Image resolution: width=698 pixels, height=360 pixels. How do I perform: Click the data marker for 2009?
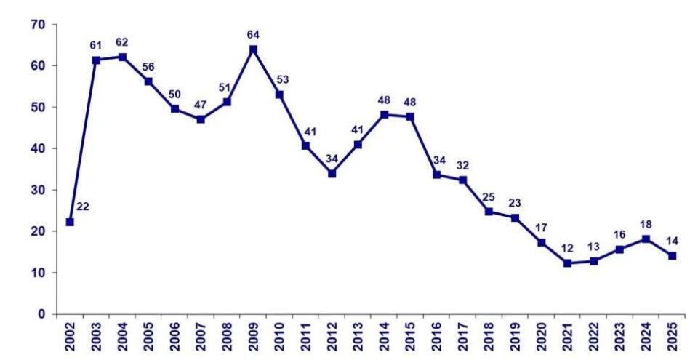point(253,49)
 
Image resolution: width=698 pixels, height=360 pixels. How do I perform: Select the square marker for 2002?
point(70,222)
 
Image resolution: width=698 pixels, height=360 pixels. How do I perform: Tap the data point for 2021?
point(567,263)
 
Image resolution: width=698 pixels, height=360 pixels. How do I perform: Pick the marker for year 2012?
point(332,173)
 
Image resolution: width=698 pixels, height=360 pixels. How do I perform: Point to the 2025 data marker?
point(672,255)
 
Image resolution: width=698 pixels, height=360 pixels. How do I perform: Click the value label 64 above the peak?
point(253,34)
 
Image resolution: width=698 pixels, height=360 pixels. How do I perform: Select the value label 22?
point(82,207)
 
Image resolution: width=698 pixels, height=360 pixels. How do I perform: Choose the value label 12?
point(568,248)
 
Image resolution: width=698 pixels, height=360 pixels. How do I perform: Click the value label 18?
point(646,224)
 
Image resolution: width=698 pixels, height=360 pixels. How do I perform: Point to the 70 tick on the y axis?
point(39,25)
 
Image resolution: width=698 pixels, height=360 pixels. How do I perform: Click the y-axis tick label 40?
point(39,148)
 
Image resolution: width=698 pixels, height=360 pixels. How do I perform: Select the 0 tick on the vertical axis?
point(42,314)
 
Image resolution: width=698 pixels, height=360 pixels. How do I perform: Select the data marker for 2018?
point(489,212)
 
